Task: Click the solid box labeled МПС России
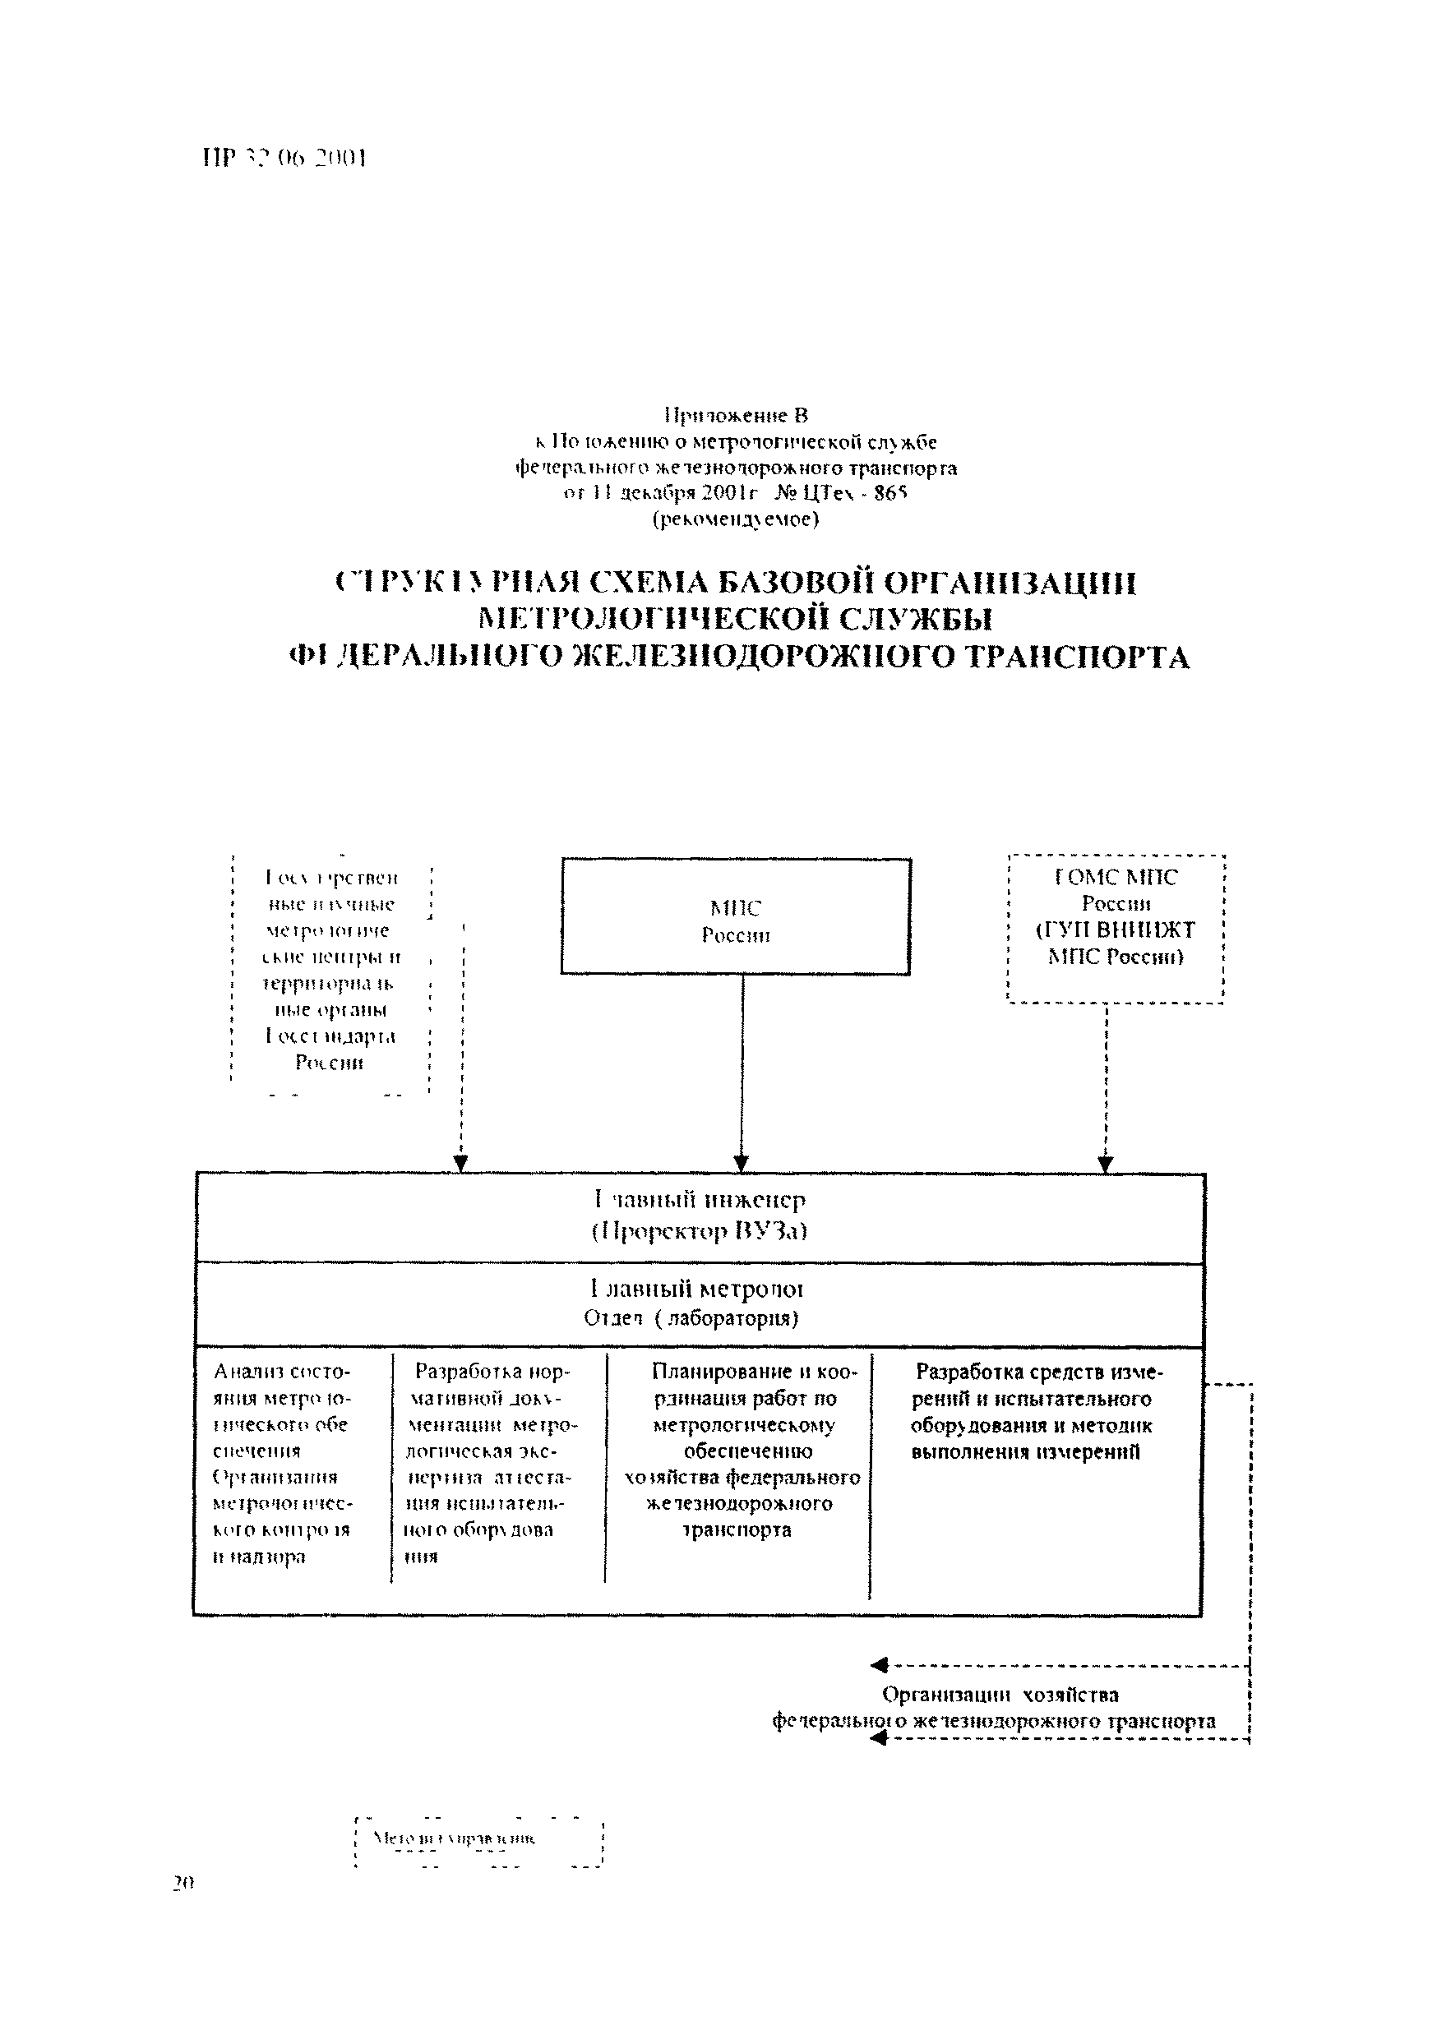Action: (x=736, y=917)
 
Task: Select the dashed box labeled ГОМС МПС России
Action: (x=1116, y=928)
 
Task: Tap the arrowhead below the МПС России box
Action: (x=742, y=1164)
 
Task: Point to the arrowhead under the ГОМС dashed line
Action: (x=1106, y=1164)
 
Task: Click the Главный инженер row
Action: (x=699, y=1216)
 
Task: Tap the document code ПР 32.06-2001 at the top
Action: (x=284, y=158)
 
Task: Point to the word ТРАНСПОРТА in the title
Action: (x=1075, y=657)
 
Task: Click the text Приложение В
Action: (x=737, y=415)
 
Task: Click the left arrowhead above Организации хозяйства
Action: (x=880, y=1665)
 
